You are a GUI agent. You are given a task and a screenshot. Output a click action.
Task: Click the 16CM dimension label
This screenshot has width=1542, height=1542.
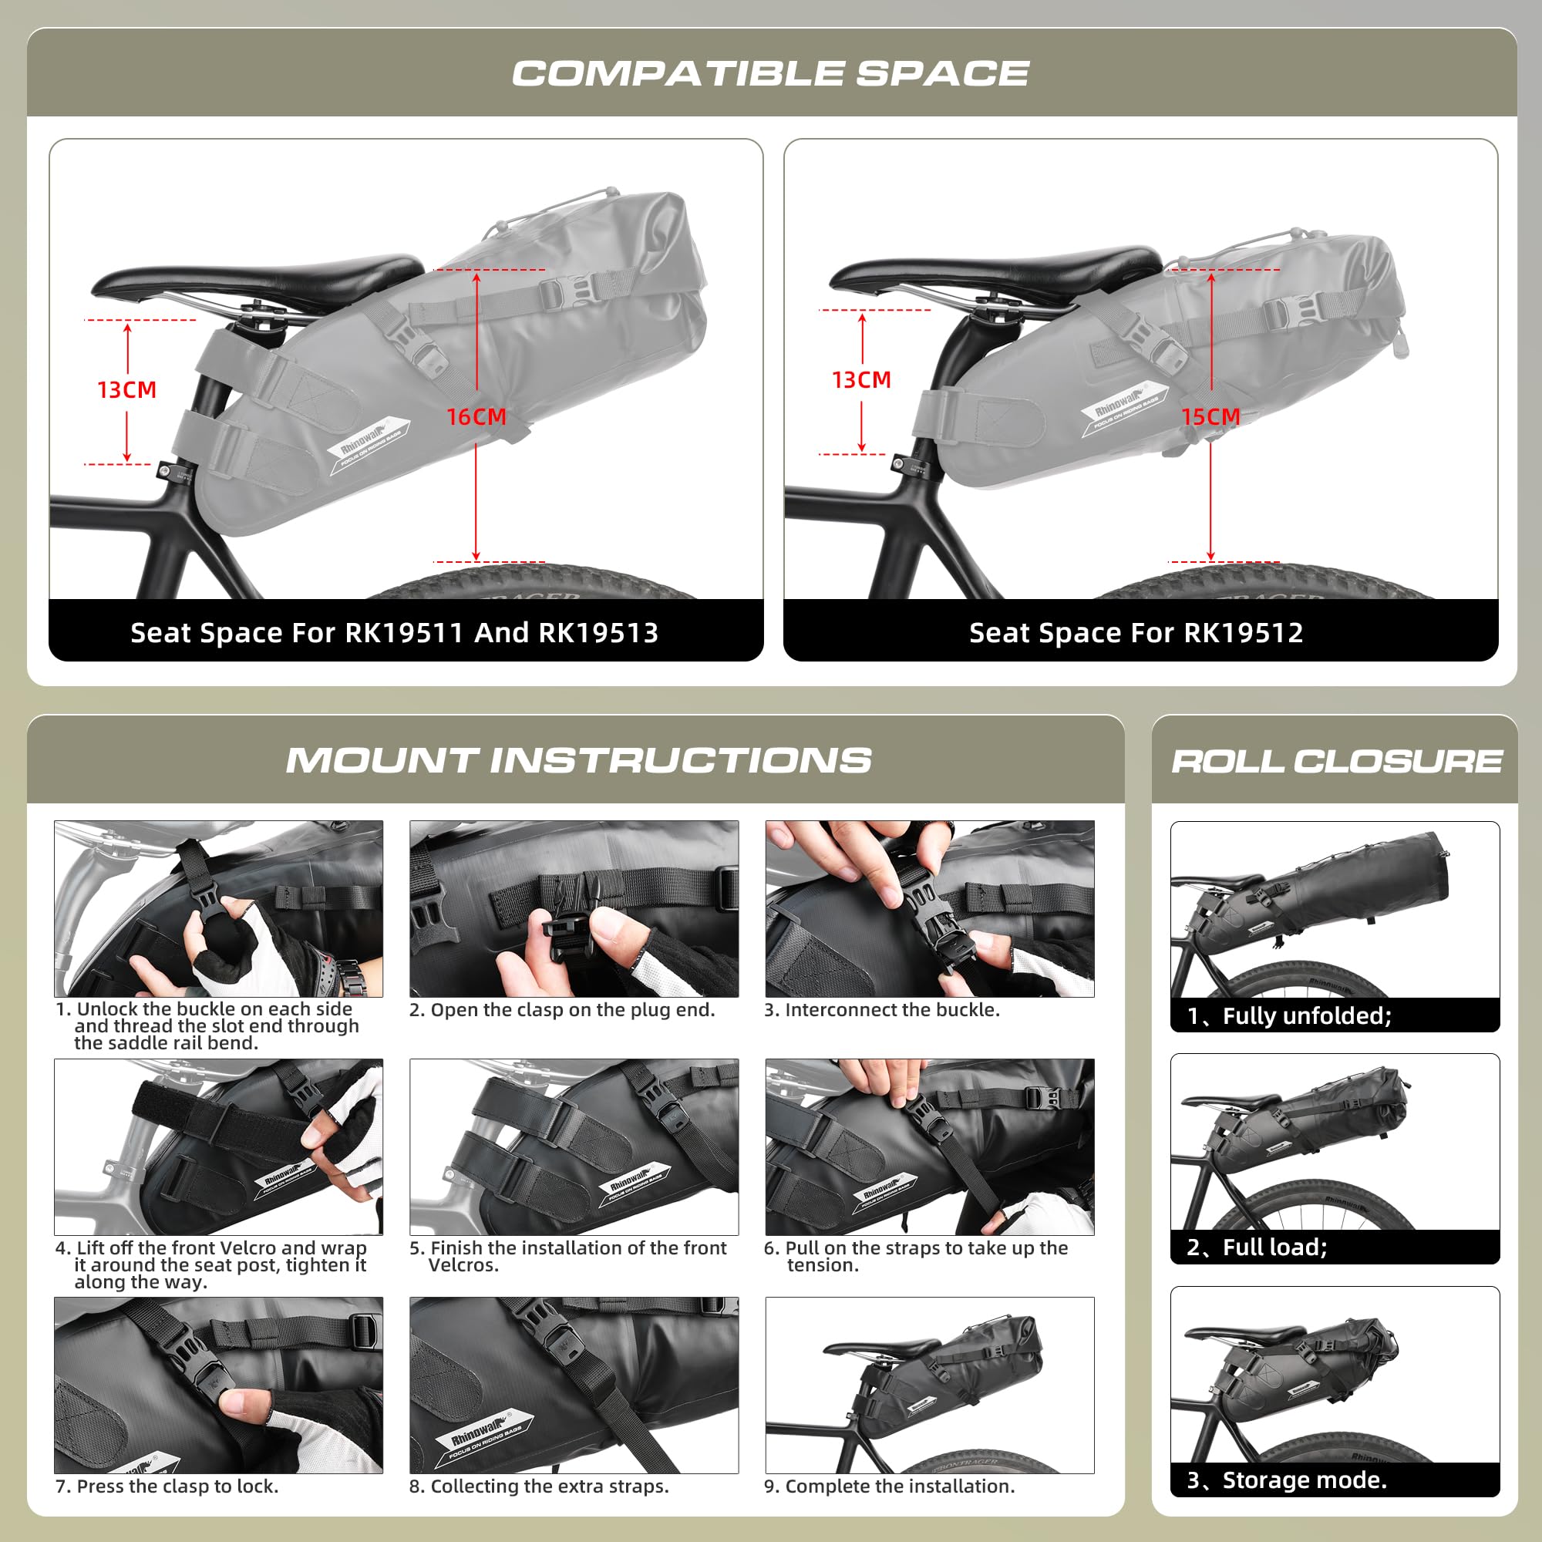click(476, 416)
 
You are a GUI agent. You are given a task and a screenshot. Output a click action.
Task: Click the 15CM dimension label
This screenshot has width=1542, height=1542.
click(1210, 416)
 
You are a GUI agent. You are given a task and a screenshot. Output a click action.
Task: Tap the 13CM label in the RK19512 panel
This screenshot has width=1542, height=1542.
click(861, 380)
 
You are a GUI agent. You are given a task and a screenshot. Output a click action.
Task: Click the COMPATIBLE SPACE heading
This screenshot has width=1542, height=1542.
click(770, 73)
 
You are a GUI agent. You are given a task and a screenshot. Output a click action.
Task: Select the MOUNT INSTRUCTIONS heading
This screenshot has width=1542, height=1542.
click(579, 760)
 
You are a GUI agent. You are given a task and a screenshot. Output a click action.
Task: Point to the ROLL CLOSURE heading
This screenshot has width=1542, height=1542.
click(1336, 761)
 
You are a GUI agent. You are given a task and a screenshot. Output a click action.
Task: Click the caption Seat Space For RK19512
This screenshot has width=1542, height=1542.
click(1136, 633)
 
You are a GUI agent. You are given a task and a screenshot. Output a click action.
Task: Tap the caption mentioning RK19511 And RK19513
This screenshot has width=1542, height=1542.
click(394, 633)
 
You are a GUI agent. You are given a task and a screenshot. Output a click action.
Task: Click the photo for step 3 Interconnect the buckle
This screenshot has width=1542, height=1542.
click(929, 908)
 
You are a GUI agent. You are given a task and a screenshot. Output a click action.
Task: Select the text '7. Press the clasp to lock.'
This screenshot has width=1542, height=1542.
click(167, 1486)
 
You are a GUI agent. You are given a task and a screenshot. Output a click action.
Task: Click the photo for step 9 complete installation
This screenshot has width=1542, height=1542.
click(929, 1385)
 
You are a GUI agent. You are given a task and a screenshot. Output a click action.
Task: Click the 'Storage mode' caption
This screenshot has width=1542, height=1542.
click(1288, 1480)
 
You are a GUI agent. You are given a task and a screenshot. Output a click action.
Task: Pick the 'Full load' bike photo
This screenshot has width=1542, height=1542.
click(1335, 1141)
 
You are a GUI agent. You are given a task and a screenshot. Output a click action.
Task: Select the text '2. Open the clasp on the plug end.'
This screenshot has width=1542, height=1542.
click(562, 1010)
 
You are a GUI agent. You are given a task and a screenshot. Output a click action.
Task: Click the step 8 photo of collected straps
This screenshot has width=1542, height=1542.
click(574, 1385)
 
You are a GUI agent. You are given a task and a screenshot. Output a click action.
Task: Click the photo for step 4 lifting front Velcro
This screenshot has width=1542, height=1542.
click(218, 1147)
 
